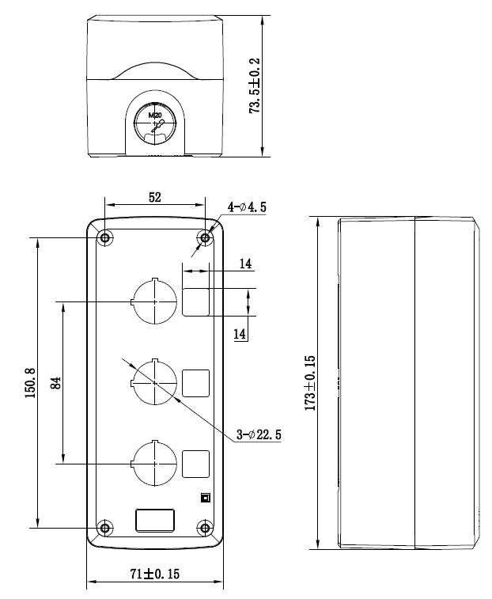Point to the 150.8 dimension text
point(30,381)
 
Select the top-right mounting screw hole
point(206,237)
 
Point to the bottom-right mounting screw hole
point(206,528)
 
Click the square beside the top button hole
point(196,302)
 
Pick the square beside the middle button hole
point(196,383)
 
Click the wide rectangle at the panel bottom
point(155,521)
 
